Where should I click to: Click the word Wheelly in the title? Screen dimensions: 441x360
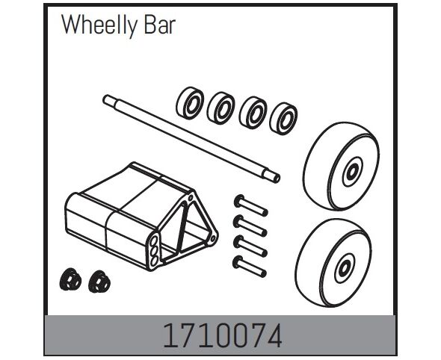coord(99,25)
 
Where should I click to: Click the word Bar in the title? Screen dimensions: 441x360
coord(160,25)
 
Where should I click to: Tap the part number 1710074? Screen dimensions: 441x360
coord(222,336)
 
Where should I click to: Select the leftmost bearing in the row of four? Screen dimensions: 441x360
coord(190,103)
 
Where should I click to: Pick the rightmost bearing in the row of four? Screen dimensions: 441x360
coord(283,119)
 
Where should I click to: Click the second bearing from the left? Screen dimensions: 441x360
coord(221,108)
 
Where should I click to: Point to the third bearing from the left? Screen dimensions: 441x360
coord(253,113)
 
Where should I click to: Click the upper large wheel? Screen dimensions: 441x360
coord(341,166)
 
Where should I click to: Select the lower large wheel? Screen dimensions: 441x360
coord(333,262)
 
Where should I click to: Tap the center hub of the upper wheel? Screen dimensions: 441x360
coord(352,172)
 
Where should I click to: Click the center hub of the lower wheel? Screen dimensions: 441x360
coord(345,268)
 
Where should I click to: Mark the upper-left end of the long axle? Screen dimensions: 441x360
coord(105,99)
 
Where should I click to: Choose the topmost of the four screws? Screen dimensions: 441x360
coord(250,205)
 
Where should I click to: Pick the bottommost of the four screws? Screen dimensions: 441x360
coord(250,267)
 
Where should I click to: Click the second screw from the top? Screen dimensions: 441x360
coord(250,226)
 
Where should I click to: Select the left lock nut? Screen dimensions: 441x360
coord(70,279)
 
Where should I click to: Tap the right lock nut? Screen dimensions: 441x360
coord(99,282)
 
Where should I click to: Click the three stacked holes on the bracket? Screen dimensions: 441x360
coord(154,251)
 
